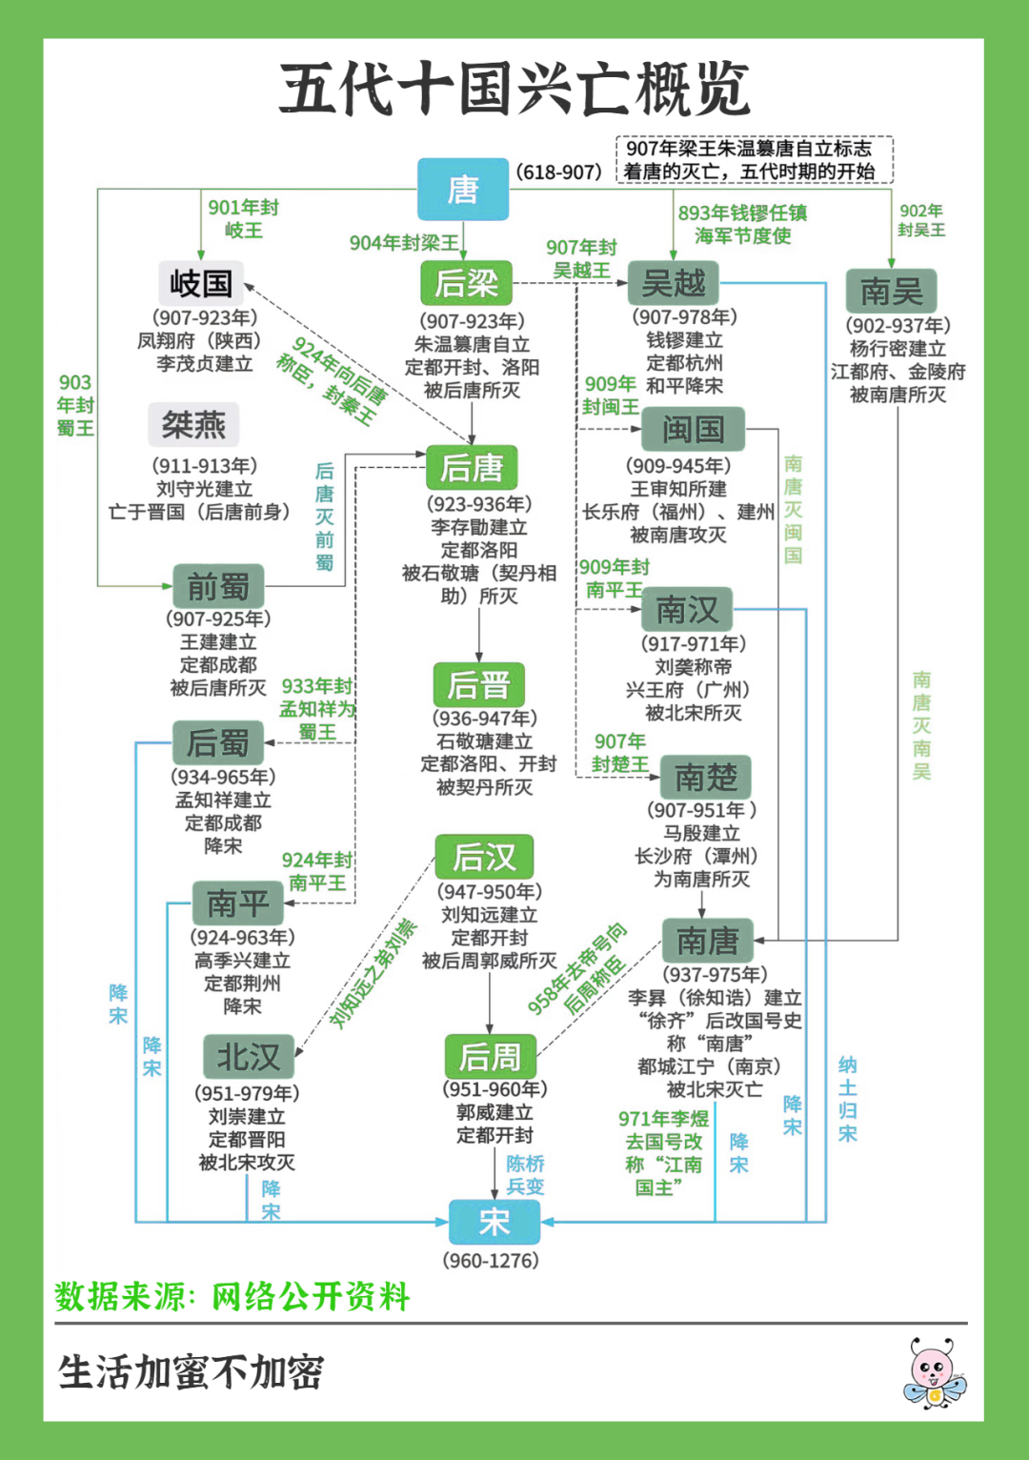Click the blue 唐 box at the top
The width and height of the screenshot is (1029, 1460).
pos(463,189)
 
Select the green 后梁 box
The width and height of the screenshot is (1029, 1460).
pos(467,283)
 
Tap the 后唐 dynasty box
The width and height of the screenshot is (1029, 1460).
pos(472,467)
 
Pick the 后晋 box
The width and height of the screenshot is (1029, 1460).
pos(478,684)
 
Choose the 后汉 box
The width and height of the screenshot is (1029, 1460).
pos(484,857)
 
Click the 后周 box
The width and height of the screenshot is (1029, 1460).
pos(490,1056)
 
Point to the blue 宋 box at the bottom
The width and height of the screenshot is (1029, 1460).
pos(494,1221)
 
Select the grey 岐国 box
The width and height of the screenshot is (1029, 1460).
pos(201,283)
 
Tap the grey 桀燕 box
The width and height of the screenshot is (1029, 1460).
pos(193,424)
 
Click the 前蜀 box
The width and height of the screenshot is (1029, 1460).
pos(218,586)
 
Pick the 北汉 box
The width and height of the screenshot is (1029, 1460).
pos(248,1056)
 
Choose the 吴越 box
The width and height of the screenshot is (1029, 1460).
pos(674,283)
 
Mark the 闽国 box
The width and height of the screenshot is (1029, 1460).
pos(693,429)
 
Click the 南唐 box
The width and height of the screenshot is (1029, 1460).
pos(707,941)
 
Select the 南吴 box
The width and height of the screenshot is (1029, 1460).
pos(891,291)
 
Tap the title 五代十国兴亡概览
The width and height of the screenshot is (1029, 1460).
pos(514,89)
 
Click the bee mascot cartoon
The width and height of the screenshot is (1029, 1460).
pos(933,1372)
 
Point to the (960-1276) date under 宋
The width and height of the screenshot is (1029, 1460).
pos(491,1260)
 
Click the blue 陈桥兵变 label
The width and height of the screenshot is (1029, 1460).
pos(525,1174)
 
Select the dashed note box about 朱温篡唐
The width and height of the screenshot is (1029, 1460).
pos(754,159)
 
